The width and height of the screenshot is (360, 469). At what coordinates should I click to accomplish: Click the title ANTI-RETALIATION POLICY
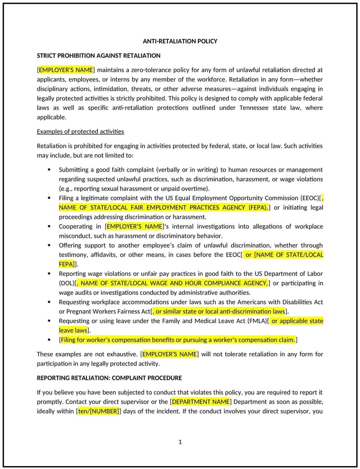point(180,41)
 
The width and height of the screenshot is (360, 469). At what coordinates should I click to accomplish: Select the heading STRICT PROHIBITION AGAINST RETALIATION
point(98,56)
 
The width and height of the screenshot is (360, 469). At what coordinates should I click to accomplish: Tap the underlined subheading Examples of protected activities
point(80,131)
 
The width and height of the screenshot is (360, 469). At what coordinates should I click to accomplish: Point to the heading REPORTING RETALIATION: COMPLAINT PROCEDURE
point(109,378)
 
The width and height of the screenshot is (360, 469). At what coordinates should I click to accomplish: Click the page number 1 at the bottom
point(180,442)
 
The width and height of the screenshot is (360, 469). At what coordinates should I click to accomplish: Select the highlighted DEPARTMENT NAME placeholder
point(201,401)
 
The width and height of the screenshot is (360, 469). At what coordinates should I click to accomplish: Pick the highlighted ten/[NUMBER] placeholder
point(98,411)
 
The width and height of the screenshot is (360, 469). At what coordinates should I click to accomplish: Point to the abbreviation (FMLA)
point(256,321)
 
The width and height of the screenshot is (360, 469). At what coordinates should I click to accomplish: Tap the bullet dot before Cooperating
point(49,226)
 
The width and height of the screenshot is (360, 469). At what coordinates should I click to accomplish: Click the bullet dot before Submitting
point(49,170)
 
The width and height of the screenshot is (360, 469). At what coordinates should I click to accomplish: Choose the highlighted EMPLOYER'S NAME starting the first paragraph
point(66,70)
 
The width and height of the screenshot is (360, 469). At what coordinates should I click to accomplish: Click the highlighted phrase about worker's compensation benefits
point(178,340)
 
